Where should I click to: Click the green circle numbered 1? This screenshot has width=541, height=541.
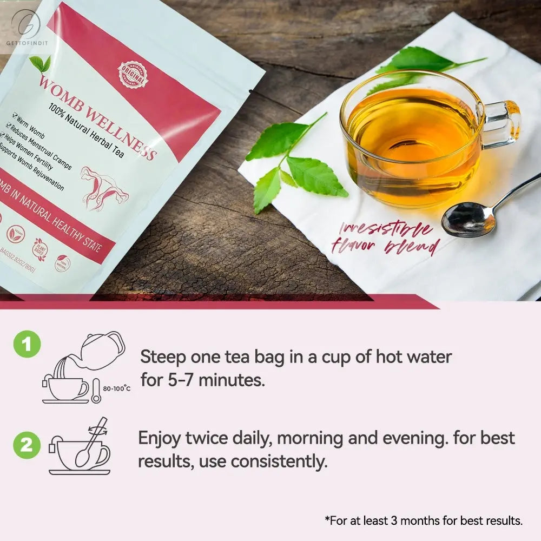pos(27,345)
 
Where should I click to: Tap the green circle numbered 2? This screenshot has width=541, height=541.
pos(27,446)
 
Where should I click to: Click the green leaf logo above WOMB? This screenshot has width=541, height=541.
pos(41,64)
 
